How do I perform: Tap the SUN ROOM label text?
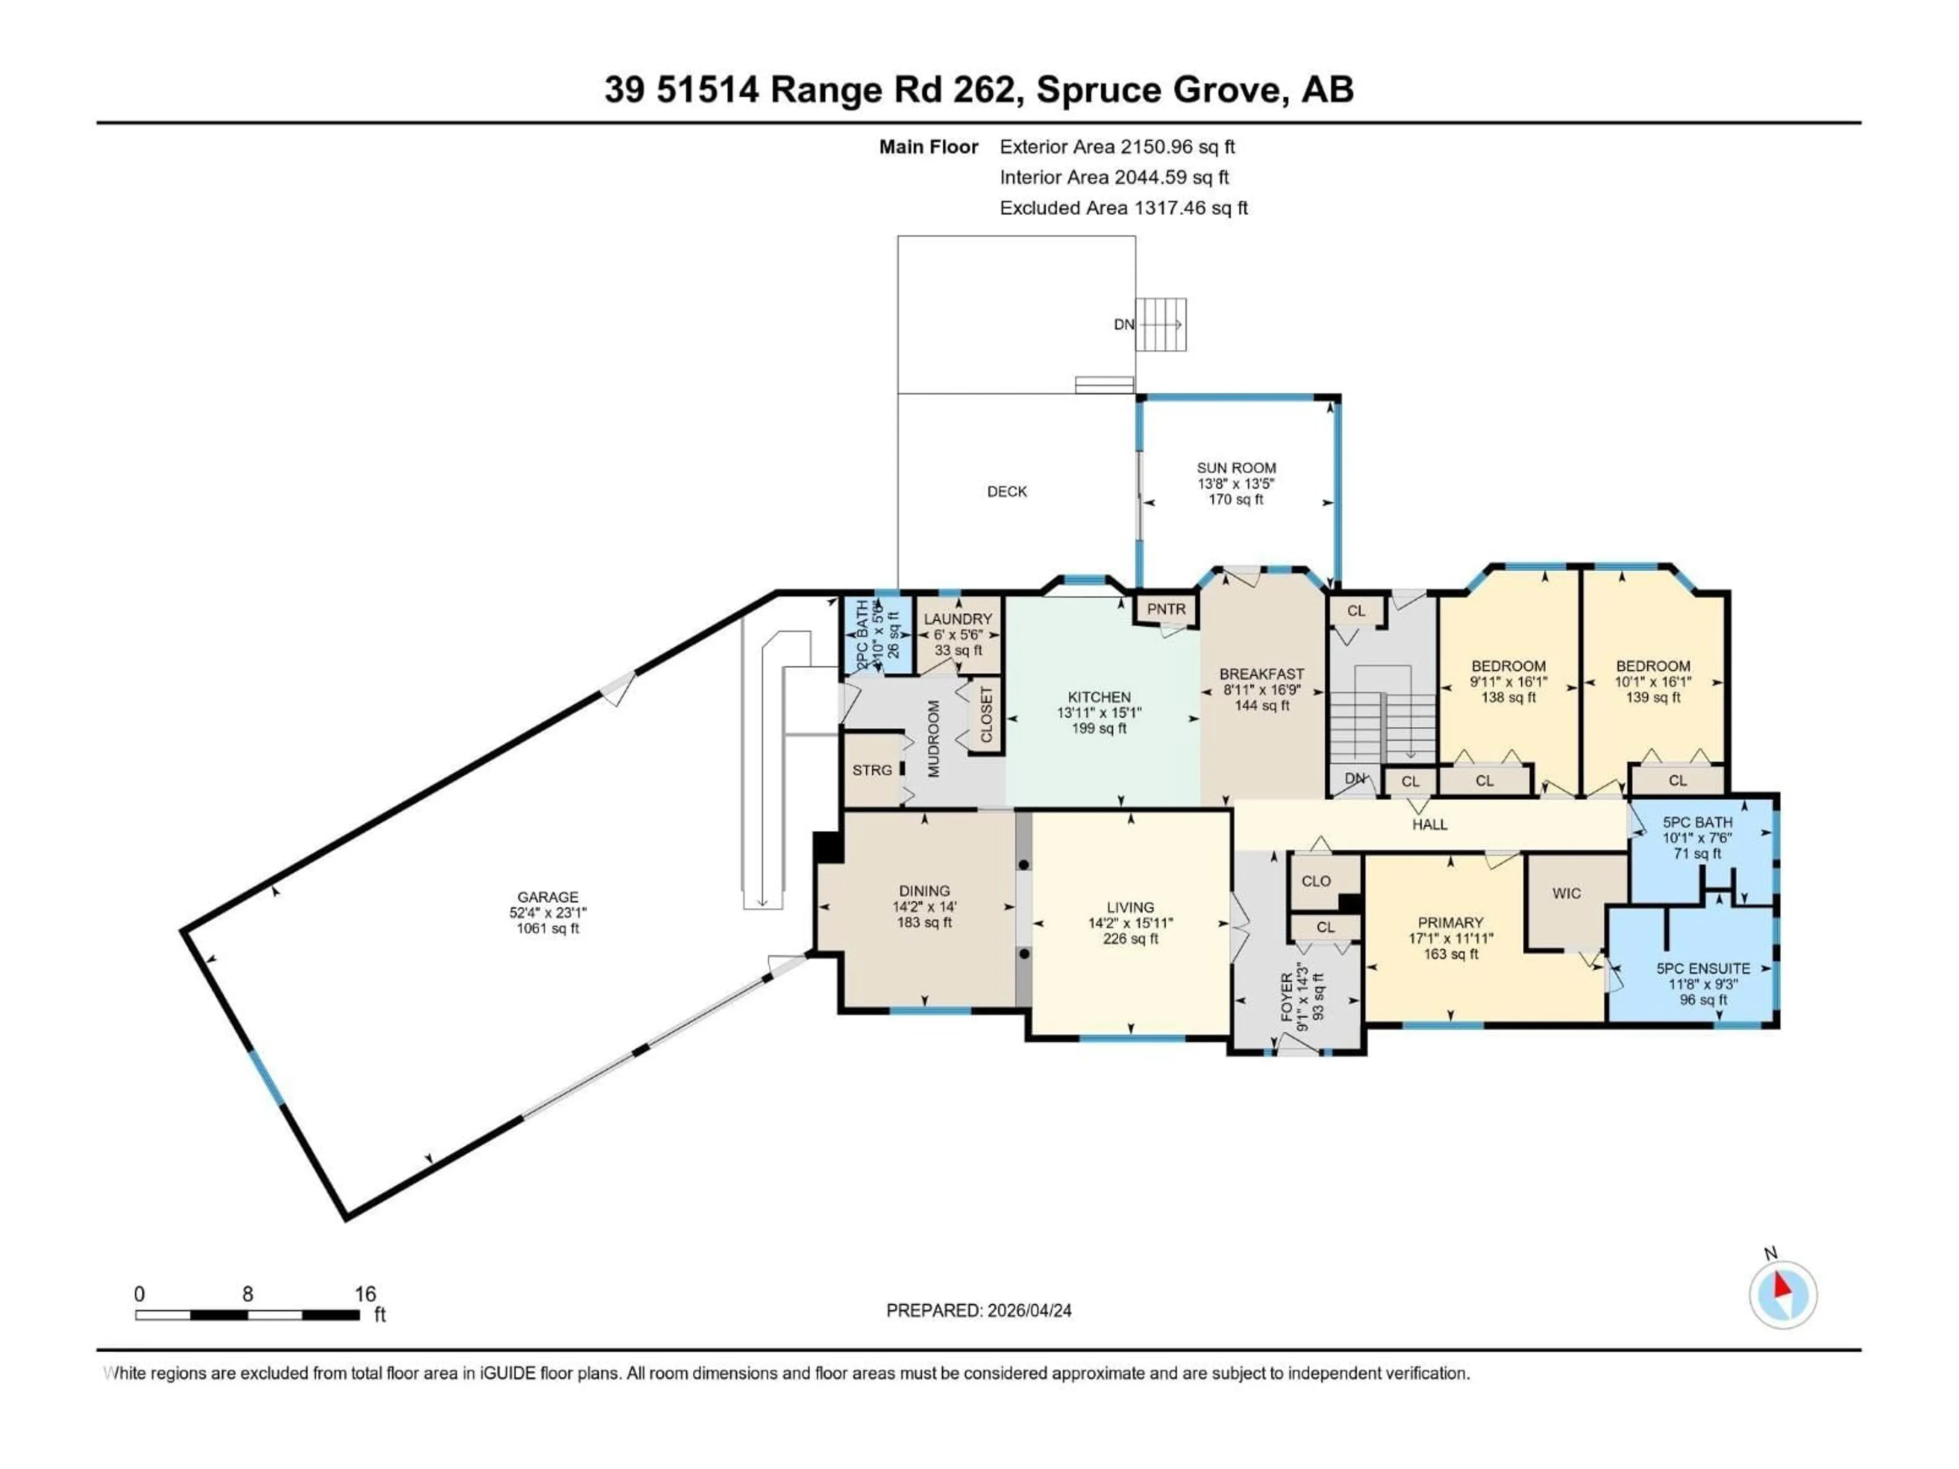click(x=1236, y=468)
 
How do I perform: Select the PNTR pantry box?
click(x=1166, y=609)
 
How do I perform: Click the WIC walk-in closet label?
click(x=1566, y=894)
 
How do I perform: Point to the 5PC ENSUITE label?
click(x=1703, y=969)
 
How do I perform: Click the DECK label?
click(x=1007, y=491)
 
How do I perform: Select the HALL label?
click(x=1429, y=824)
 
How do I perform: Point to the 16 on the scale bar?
click(x=365, y=1294)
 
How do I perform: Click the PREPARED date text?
click(x=978, y=1310)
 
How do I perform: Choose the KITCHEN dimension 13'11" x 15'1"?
click(x=1098, y=713)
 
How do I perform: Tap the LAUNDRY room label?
click(x=958, y=619)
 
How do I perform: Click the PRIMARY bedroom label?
click(x=1450, y=923)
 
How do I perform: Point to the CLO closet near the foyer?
click(x=1316, y=881)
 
